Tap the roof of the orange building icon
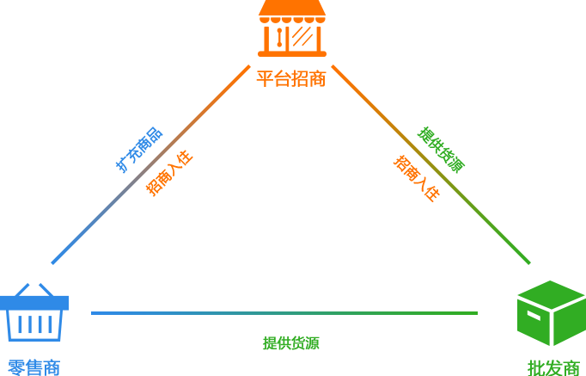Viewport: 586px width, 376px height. (292, 10)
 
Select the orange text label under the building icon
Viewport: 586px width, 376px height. (292, 77)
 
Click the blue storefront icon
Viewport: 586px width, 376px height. (34, 311)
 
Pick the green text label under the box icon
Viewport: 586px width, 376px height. (553, 367)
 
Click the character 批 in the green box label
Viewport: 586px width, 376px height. (534, 367)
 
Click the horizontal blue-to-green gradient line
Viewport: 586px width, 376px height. (284, 312)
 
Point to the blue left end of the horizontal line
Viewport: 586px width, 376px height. (96, 312)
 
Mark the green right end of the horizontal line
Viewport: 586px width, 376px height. (472, 312)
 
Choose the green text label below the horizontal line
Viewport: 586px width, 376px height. (291, 342)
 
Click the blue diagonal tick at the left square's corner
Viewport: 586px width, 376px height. (57, 258)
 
